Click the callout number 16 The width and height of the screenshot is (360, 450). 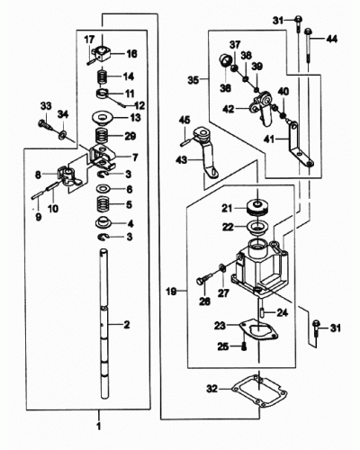pyautogui.click(x=131, y=54)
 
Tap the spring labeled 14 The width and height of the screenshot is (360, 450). pyautogui.click(x=103, y=76)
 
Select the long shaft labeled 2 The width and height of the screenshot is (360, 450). pyautogui.click(x=104, y=324)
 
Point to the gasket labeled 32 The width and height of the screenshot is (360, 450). pyautogui.click(x=259, y=391)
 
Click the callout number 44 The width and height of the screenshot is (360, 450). pyautogui.click(x=331, y=39)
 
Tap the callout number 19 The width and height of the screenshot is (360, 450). pyautogui.click(x=172, y=291)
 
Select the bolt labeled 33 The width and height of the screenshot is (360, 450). pyautogui.click(x=45, y=124)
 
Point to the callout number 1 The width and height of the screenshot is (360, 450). pyautogui.click(x=99, y=426)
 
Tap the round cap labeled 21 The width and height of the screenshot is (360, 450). pyautogui.click(x=257, y=208)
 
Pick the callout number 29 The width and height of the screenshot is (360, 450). pyautogui.click(x=130, y=137)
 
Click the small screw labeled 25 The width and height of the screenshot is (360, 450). pyautogui.click(x=244, y=346)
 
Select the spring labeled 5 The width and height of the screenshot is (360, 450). pyautogui.click(x=103, y=204)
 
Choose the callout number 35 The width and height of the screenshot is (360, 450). pyautogui.click(x=193, y=80)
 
